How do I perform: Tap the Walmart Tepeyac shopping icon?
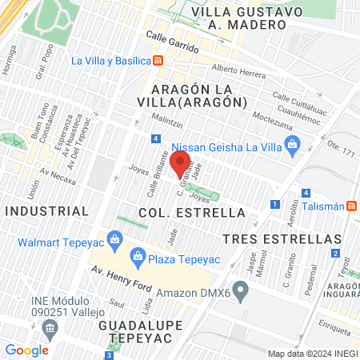click(x=115, y=238)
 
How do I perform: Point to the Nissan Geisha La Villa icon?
click(x=291, y=145)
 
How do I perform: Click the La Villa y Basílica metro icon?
click(x=158, y=61)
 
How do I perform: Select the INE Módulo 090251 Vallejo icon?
click(x=50, y=327)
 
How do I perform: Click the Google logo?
click(x=26, y=350)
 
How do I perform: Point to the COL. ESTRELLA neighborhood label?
click(x=191, y=213)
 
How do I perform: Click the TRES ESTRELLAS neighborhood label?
click(x=282, y=239)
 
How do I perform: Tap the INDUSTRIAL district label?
click(x=46, y=210)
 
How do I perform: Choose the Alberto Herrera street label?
click(x=238, y=72)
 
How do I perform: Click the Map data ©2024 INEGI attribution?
click(x=311, y=353)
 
